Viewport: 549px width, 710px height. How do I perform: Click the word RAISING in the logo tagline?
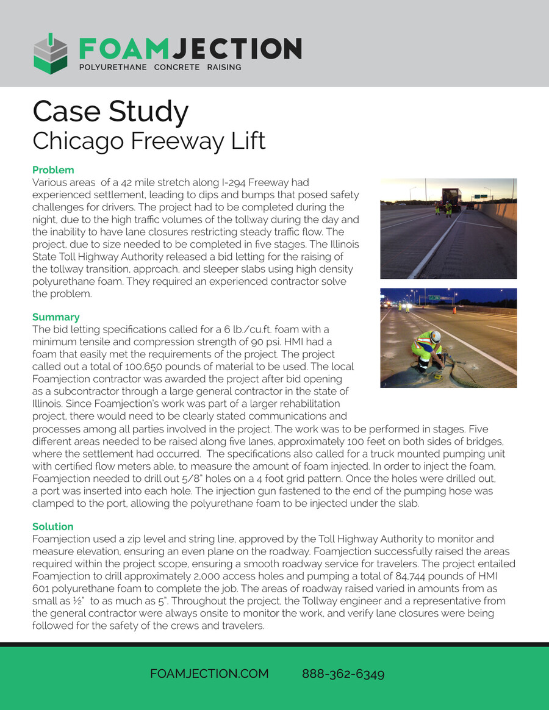pos(223,66)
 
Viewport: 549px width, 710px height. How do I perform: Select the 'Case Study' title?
pos(110,112)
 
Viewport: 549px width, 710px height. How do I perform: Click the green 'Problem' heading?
pos(53,170)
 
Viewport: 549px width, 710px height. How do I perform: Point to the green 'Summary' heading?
pos(56,317)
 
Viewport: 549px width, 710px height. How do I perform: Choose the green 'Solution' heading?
pos(52,526)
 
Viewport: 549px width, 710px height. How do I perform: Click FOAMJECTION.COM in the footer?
pos(209,673)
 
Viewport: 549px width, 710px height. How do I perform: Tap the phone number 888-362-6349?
pos(343,673)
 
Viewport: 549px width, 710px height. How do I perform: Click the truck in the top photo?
pos(451,199)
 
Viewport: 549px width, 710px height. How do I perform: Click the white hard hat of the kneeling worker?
pos(435,336)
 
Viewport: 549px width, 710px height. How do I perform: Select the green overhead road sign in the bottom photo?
pos(434,298)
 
